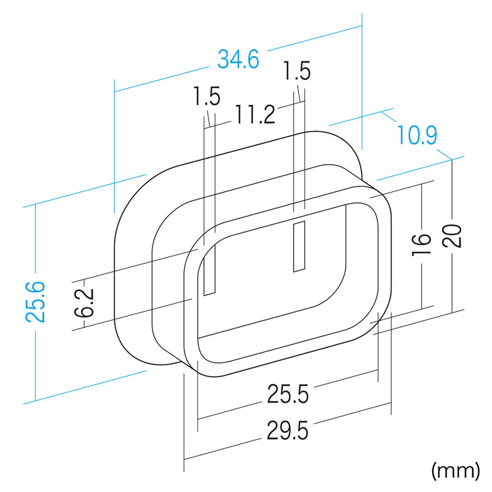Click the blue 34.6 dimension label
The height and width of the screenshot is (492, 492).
click(x=239, y=59)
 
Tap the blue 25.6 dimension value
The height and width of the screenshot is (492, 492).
click(x=36, y=302)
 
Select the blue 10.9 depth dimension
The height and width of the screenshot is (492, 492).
click(x=418, y=135)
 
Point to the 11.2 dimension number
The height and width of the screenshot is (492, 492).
click(x=255, y=114)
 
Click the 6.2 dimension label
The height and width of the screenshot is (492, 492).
click(x=84, y=303)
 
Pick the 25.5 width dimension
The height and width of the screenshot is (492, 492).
click(x=288, y=394)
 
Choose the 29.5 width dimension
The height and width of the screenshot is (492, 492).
click(x=288, y=430)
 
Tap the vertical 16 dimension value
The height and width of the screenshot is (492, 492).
click(x=421, y=244)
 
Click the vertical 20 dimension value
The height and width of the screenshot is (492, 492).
click(x=452, y=236)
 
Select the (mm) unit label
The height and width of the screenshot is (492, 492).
click(x=456, y=470)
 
